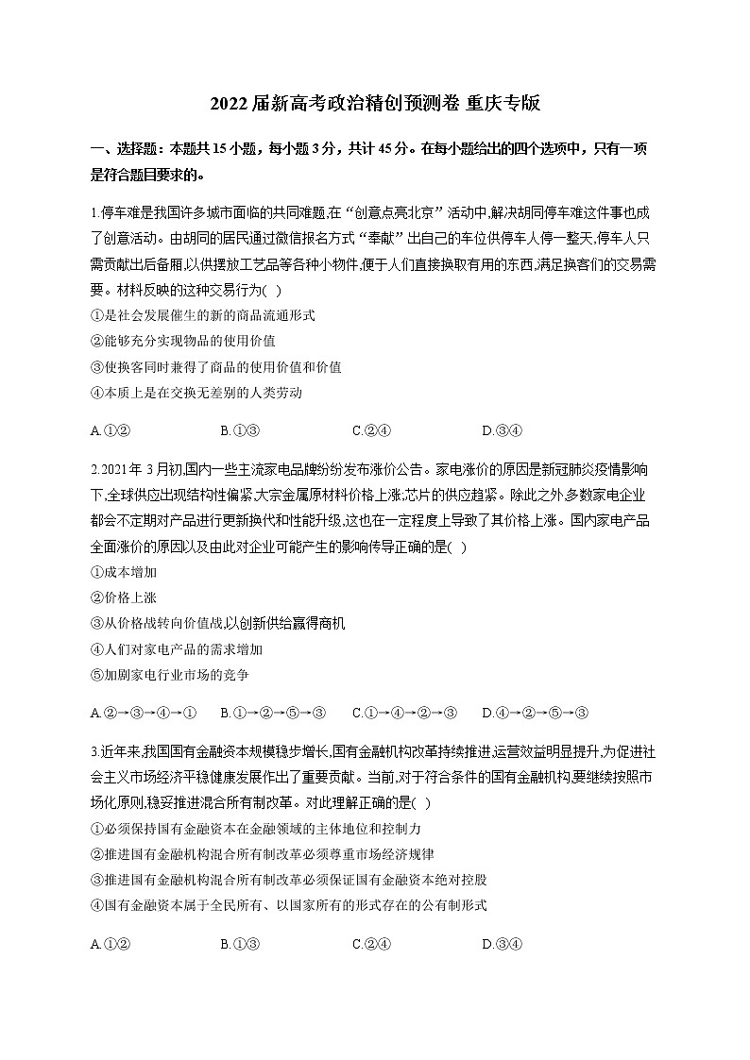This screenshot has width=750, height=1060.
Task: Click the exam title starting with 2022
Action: (x=375, y=104)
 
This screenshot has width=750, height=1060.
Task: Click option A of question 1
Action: (x=110, y=431)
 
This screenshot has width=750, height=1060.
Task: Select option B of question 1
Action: (x=240, y=431)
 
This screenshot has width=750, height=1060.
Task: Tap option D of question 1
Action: (x=502, y=431)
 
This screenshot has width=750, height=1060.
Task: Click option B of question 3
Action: (x=240, y=944)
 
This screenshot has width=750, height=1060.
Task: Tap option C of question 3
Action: (x=371, y=944)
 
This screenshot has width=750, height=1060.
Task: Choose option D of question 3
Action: (x=502, y=944)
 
